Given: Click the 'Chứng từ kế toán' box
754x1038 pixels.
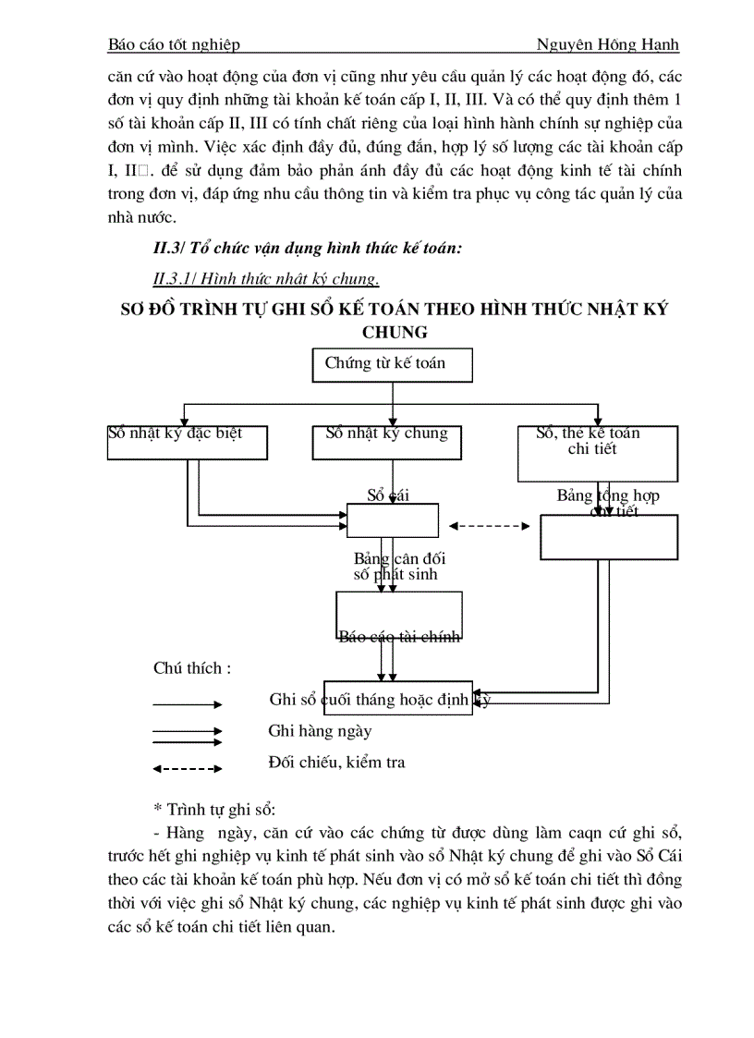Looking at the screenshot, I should pos(393,364).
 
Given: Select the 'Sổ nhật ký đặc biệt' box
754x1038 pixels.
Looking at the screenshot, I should pos(188,442).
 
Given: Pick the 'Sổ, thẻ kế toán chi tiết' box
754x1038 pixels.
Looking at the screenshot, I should pos(598,453).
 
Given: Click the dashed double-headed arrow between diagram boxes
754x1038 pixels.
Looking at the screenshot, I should pos(490,526).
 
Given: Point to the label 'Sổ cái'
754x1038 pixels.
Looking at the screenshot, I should pos(388,495).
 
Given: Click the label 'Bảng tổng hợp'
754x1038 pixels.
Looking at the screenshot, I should pos(607,496).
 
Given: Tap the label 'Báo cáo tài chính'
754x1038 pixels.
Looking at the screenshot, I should pos(399,636).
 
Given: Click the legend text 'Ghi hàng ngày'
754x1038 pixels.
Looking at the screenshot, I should pos(320,731).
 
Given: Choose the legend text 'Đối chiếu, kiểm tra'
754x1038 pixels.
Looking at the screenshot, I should pos(336,763).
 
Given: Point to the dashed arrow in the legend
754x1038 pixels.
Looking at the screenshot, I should pos(188,768).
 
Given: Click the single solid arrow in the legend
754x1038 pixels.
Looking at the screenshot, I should pos(188,704).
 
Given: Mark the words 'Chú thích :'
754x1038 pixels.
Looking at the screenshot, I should pos(192,668).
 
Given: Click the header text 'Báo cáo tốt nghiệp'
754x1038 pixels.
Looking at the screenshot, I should pos(174,44).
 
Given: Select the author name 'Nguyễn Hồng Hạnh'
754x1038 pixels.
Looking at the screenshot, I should pos(607,44).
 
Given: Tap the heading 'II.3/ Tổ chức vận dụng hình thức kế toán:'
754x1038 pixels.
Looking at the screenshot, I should pos(308,247).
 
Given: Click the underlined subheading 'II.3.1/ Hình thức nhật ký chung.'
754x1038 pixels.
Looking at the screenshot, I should pos(266,278).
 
